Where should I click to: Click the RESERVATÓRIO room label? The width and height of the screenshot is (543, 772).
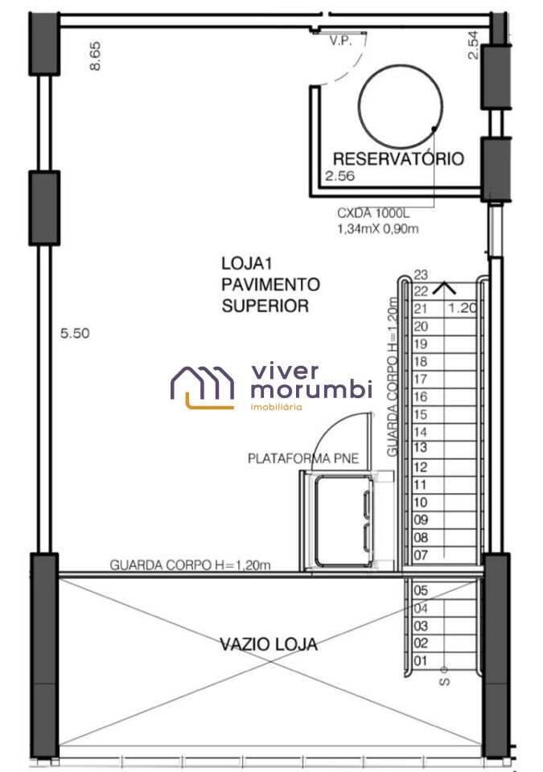398,158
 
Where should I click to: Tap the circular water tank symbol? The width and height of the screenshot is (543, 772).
360,106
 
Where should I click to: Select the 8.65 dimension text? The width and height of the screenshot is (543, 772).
95,55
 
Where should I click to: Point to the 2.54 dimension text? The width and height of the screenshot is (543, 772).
472,45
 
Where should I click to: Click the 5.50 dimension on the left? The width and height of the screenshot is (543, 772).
75,333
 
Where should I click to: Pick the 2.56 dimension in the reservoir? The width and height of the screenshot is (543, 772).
339,176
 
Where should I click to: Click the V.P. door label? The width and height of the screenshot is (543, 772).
341,40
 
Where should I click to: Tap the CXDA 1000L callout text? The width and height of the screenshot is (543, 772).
373,213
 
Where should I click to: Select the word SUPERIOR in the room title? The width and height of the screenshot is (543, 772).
265,306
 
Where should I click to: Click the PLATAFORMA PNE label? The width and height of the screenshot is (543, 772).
303,458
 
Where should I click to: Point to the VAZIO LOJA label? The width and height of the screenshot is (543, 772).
269,644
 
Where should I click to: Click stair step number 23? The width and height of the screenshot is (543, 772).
421,274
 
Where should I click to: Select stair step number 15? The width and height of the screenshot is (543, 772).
420,415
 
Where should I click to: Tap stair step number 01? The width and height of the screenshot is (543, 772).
420,661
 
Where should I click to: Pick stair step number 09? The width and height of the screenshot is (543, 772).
420,520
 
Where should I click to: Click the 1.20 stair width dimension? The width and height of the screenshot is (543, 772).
463,308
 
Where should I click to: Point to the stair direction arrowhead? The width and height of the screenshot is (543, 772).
444,288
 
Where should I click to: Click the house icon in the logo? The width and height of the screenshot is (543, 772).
203,388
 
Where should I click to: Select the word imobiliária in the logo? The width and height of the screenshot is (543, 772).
277,407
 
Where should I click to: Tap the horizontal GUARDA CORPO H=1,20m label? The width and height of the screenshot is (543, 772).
190,565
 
